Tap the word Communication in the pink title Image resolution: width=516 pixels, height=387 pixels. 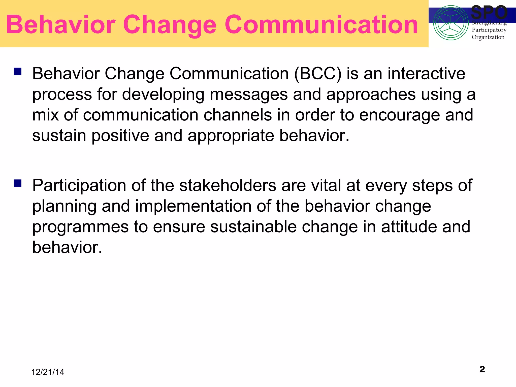click(x=321, y=25)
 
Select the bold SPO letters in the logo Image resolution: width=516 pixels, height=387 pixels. click(x=489, y=13)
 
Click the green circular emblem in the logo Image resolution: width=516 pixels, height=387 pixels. click(x=451, y=23)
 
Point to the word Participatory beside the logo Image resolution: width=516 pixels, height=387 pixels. click(x=489, y=30)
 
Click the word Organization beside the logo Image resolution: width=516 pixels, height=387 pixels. click(x=488, y=37)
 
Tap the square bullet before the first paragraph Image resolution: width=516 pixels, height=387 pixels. click(x=18, y=72)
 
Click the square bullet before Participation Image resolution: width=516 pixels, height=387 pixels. click(x=18, y=183)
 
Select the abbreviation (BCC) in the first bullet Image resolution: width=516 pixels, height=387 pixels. click(x=318, y=74)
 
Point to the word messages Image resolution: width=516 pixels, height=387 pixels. click(x=249, y=94)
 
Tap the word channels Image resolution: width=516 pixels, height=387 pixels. click(x=238, y=115)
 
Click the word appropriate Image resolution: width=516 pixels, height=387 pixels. click(x=231, y=136)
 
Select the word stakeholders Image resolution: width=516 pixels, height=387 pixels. click(x=228, y=186)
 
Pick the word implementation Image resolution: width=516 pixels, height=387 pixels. click(x=193, y=206)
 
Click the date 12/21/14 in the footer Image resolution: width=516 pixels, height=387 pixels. click(x=48, y=372)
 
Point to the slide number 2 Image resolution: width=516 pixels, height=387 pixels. click(x=482, y=369)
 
